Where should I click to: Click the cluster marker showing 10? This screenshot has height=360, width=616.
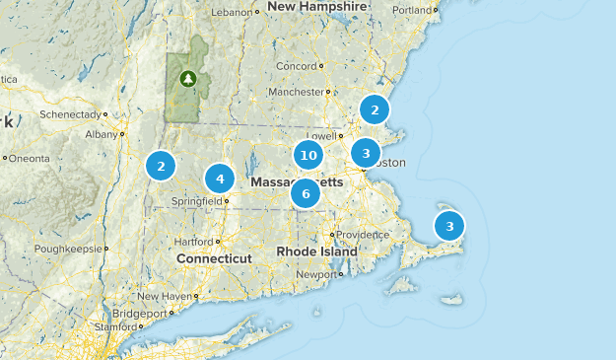click(308, 155)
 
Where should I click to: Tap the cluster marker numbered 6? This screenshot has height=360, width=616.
click(306, 193)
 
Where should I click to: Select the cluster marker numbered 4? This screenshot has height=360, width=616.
click(220, 180)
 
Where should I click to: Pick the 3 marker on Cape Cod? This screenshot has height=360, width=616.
click(449, 226)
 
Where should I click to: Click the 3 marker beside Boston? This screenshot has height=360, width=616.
click(366, 153)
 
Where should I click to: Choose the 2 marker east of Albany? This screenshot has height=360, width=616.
click(161, 166)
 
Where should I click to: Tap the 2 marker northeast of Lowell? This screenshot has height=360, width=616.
click(375, 108)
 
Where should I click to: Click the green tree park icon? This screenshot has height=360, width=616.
click(188, 78)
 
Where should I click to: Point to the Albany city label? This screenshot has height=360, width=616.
click(101, 134)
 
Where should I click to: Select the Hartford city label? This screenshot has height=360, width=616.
click(193, 241)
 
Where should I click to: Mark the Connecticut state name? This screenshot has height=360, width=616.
click(214, 258)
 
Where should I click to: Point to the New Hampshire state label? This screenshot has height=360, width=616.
click(310, 7)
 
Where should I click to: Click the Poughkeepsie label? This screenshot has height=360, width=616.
click(67, 249)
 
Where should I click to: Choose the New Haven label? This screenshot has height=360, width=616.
click(164, 296)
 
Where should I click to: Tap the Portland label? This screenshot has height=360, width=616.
click(410, 11)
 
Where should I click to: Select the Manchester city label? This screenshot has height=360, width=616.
click(296, 92)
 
